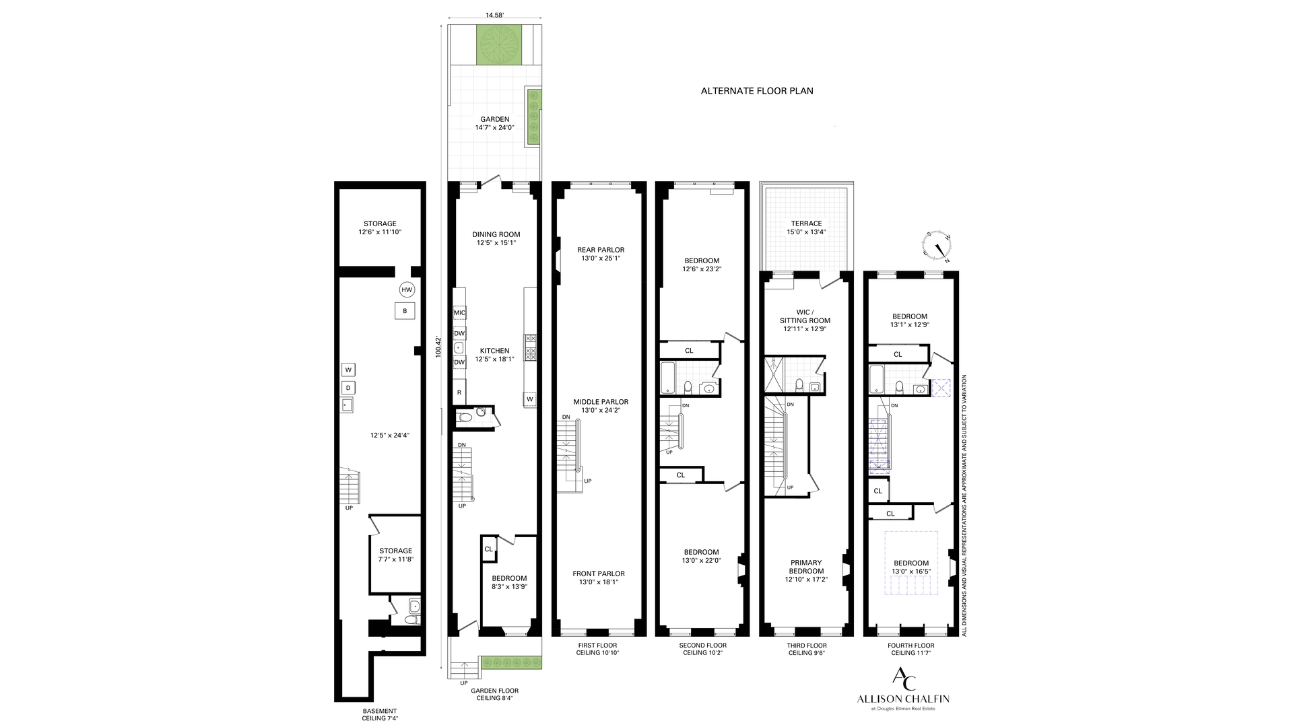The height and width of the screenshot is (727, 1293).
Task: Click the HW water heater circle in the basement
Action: tap(406, 290)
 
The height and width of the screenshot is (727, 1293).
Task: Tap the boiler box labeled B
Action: tap(405, 311)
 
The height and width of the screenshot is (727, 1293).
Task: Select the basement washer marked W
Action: tap(348, 370)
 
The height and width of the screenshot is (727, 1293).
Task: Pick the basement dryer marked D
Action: tap(348, 388)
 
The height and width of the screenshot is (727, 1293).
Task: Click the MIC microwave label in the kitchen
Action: tap(460, 313)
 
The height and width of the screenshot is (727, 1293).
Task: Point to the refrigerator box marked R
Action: tap(459, 392)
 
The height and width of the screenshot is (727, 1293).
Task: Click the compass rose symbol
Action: tap(937, 248)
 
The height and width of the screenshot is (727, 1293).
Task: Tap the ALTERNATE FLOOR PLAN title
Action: tap(757, 91)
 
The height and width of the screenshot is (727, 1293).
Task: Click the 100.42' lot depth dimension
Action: tap(438, 346)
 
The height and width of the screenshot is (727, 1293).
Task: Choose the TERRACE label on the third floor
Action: tap(806, 223)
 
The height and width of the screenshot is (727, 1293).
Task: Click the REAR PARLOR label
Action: tap(601, 250)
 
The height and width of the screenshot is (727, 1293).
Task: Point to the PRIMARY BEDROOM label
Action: tap(806, 567)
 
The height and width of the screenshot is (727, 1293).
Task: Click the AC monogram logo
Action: tap(903, 679)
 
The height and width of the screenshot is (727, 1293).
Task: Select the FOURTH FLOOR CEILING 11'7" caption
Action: tap(910, 649)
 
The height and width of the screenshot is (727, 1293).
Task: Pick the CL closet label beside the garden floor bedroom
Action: tap(488, 549)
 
